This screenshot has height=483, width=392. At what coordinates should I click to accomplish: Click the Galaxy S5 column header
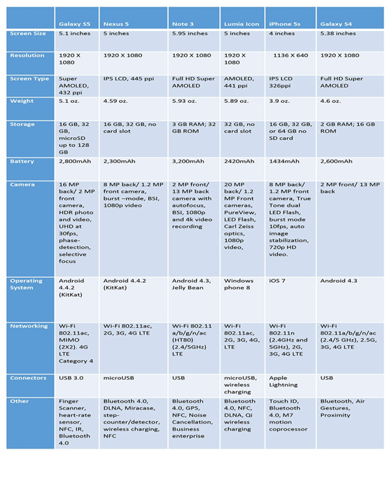click(x=74, y=24)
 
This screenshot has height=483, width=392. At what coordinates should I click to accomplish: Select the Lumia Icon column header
click(x=241, y=24)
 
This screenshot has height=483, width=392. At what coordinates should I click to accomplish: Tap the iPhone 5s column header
click(x=284, y=24)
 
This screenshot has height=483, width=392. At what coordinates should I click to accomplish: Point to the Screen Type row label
click(x=29, y=78)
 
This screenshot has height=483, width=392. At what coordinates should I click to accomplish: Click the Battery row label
click(x=22, y=161)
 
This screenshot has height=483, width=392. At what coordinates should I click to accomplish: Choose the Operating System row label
click(x=26, y=284)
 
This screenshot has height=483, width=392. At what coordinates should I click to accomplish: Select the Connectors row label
click(x=28, y=378)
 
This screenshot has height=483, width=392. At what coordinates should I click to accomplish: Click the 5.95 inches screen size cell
click(x=190, y=34)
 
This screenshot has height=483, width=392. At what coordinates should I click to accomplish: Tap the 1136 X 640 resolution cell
click(x=290, y=55)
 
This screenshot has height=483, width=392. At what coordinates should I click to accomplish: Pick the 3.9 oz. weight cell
click(x=279, y=101)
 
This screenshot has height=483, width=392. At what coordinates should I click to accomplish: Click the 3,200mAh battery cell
click(x=188, y=161)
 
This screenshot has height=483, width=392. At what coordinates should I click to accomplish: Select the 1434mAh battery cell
click(x=284, y=161)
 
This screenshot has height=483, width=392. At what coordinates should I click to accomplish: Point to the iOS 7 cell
click(x=277, y=281)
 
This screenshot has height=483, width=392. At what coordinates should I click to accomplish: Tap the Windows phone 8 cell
click(x=239, y=284)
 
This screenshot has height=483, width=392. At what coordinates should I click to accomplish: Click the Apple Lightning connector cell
click(x=283, y=381)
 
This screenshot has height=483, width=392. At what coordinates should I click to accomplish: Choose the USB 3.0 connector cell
click(x=71, y=378)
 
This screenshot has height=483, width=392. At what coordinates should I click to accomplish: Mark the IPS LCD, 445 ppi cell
click(x=128, y=78)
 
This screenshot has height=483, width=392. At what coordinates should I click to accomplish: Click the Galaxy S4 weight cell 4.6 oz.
click(x=330, y=101)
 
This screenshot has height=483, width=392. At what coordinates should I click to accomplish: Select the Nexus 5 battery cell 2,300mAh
click(x=119, y=161)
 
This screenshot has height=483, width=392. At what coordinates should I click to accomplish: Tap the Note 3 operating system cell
click(x=191, y=284)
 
